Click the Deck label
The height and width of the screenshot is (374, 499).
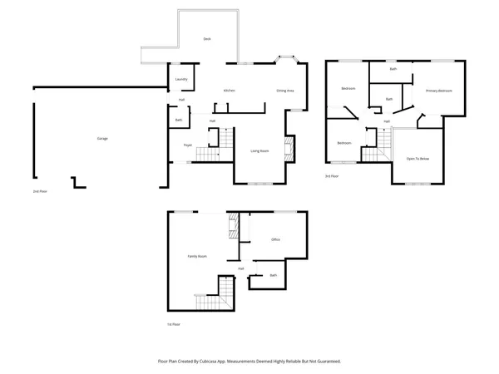[x=207, y=39]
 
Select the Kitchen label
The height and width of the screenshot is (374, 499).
[x=230, y=90]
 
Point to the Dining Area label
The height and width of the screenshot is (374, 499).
[x=285, y=90]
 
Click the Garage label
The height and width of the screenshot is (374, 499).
[x=102, y=138]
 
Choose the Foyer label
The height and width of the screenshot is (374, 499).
[x=188, y=145]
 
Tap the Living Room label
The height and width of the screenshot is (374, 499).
[x=259, y=150]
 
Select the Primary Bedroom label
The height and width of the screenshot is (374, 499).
[x=438, y=90]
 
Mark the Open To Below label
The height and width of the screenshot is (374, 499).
[x=417, y=158]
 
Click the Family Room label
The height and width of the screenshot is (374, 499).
[x=197, y=256]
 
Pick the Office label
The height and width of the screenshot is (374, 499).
[x=275, y=239]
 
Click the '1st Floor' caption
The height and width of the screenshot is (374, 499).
[x=173, y=324]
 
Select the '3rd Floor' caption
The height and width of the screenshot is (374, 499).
[x=331, y=176]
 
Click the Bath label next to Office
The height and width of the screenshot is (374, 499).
[x=273, y=275]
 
